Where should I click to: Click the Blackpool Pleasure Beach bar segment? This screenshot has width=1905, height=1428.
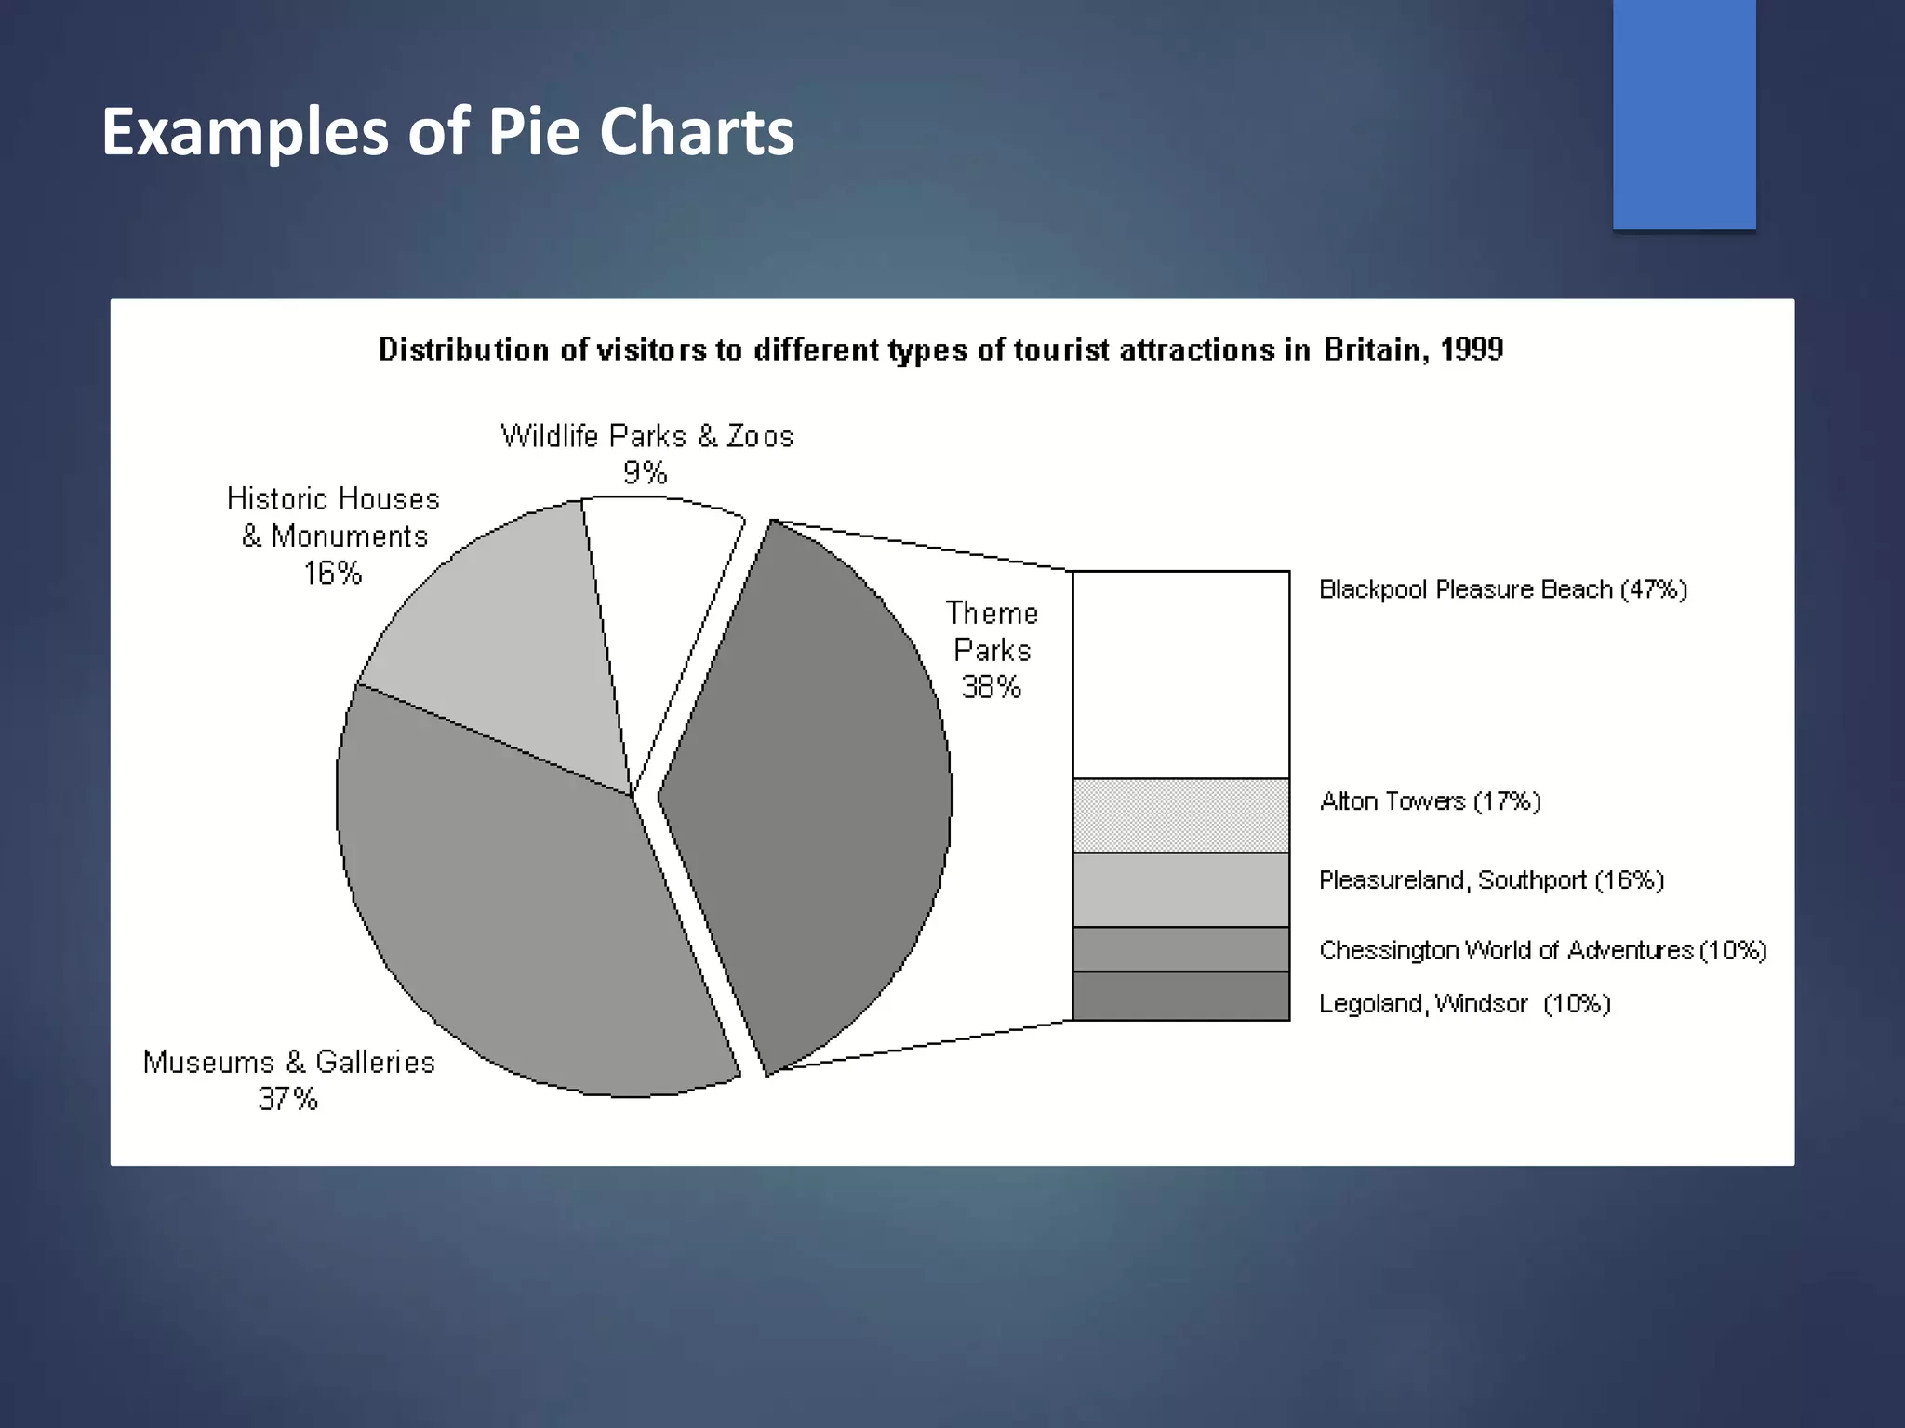[x=1180, y=674]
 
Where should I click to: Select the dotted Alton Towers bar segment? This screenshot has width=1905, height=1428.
[x=1180, y=815]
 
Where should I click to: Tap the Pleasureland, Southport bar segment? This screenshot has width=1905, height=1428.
[x=1180, y=890]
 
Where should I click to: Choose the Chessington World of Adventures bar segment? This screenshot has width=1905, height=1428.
[x=1180, y=949]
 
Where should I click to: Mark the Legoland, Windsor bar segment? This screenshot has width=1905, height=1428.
[x=1180, y=996]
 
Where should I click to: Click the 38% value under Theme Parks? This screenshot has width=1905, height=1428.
[x=992, y=688]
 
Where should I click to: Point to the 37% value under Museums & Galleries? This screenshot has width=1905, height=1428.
[x=288, y=1100]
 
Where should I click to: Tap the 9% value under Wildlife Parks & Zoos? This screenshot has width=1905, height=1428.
[x=645, y=473]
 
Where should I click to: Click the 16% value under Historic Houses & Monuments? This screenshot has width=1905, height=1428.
[x=333, y=574]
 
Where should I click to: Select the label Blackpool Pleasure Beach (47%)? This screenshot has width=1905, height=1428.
[x=1502, y=589]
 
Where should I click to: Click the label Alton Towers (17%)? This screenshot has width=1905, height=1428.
[x=1430, y=801]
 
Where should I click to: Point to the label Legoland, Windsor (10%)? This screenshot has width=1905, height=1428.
[x=1464, y=1004]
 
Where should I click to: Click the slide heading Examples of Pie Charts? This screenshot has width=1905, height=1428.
[x=447, y=132]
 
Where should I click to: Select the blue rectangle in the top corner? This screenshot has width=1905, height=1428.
[x=1684, y=113]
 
